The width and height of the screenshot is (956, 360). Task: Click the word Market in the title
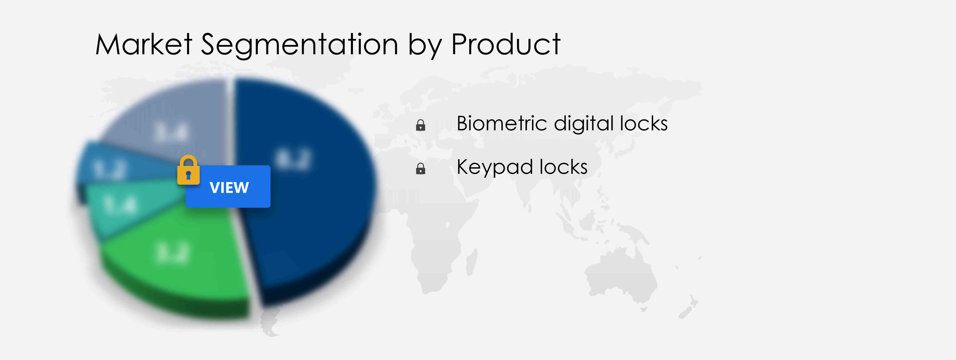click(x=144, y=45)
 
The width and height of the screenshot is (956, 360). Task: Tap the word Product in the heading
click(x=505, y=45)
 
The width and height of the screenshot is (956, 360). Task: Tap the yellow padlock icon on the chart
click(x=188, y=170)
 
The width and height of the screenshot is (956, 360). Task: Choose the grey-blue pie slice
click(x=175, y=119)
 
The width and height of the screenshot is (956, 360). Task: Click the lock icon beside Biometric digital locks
click(x=421, y=125)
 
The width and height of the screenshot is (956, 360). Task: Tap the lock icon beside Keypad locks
click(x=421, y=169)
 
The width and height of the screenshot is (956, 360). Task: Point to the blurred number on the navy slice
click(x=293, y=160)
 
